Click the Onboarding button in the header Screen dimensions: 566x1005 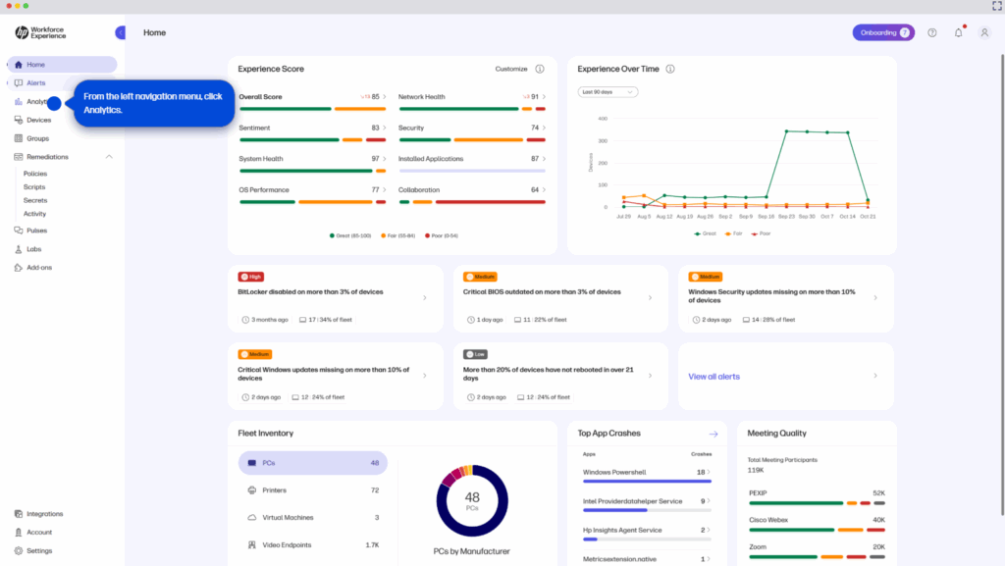[x=882, y=32]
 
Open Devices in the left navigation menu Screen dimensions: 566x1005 [x=38, y=120]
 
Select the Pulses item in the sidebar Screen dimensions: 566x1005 [x=36, y=231]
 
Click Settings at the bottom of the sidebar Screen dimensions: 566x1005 [x=39, y=550]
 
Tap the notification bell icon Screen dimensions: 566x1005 [x=959, y=32]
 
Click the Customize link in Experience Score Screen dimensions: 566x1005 [x=511, y=70]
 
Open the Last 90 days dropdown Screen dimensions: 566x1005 [x=608, y=92]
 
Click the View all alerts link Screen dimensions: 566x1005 [x=714, y=377]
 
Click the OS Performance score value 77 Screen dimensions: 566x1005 [x=375, y=189]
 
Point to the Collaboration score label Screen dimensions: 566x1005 [x=419, y=189]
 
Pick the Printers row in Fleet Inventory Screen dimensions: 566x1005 [x=282, y=489]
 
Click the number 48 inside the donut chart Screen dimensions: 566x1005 [x=471, y=497]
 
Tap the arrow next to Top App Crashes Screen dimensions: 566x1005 [x=714, y=434]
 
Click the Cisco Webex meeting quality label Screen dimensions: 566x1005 [x=767, y=520]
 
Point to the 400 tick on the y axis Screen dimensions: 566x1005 [x=603, y=119]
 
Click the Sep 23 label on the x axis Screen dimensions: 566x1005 [x=786, y=216]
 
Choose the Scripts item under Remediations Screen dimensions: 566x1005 [x=34, y=186]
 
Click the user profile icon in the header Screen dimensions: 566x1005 [x=984, y=32]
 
